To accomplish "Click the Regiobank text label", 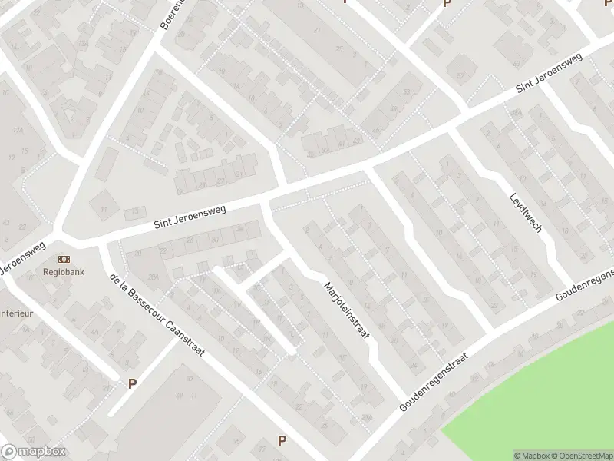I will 63,272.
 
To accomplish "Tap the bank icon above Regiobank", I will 63,260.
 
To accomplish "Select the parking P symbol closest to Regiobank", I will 132,383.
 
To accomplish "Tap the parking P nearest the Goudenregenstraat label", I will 282,440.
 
